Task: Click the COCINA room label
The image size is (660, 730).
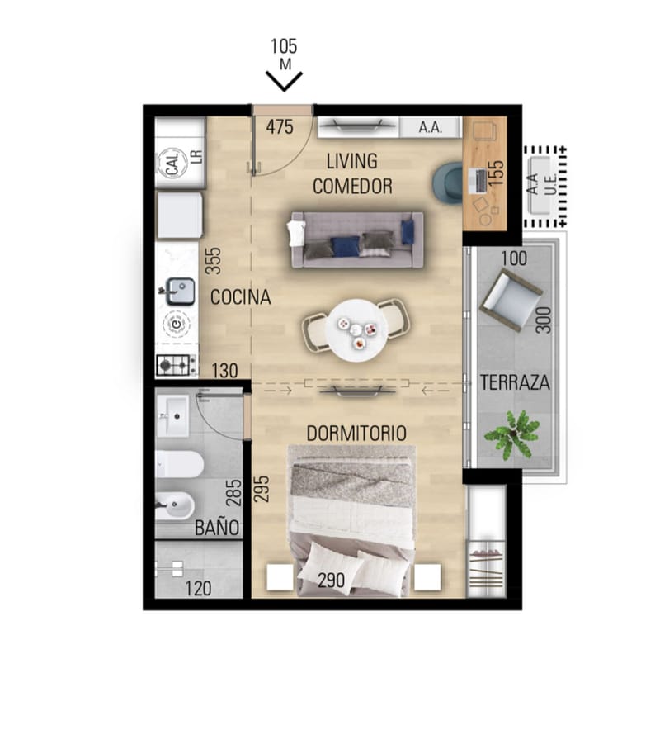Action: [240, 297]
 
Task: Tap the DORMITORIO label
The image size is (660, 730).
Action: [356, 434]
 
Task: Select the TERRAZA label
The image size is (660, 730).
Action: [515, 382]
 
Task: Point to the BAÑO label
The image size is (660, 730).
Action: [217, 527]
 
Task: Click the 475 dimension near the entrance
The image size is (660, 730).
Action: [280, 126]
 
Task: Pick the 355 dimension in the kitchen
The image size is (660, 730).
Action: [213, 261]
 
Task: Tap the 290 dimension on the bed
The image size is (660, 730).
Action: [331, 581]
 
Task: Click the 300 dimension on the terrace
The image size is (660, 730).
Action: [544, 320]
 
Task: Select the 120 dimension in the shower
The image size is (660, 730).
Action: [198, 589]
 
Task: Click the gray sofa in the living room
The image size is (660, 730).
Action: [357, 239]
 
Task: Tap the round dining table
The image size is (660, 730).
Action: [356, 330]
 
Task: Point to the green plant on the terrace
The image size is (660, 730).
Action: [511, 434]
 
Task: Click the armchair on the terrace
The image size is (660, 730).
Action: [511, 301]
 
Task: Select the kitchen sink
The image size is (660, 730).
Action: [181, 292]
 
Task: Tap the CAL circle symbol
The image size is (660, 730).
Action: [172, 164]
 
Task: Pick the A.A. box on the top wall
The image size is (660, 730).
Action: [430, 127]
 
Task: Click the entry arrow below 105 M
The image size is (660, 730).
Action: [284, 81]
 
